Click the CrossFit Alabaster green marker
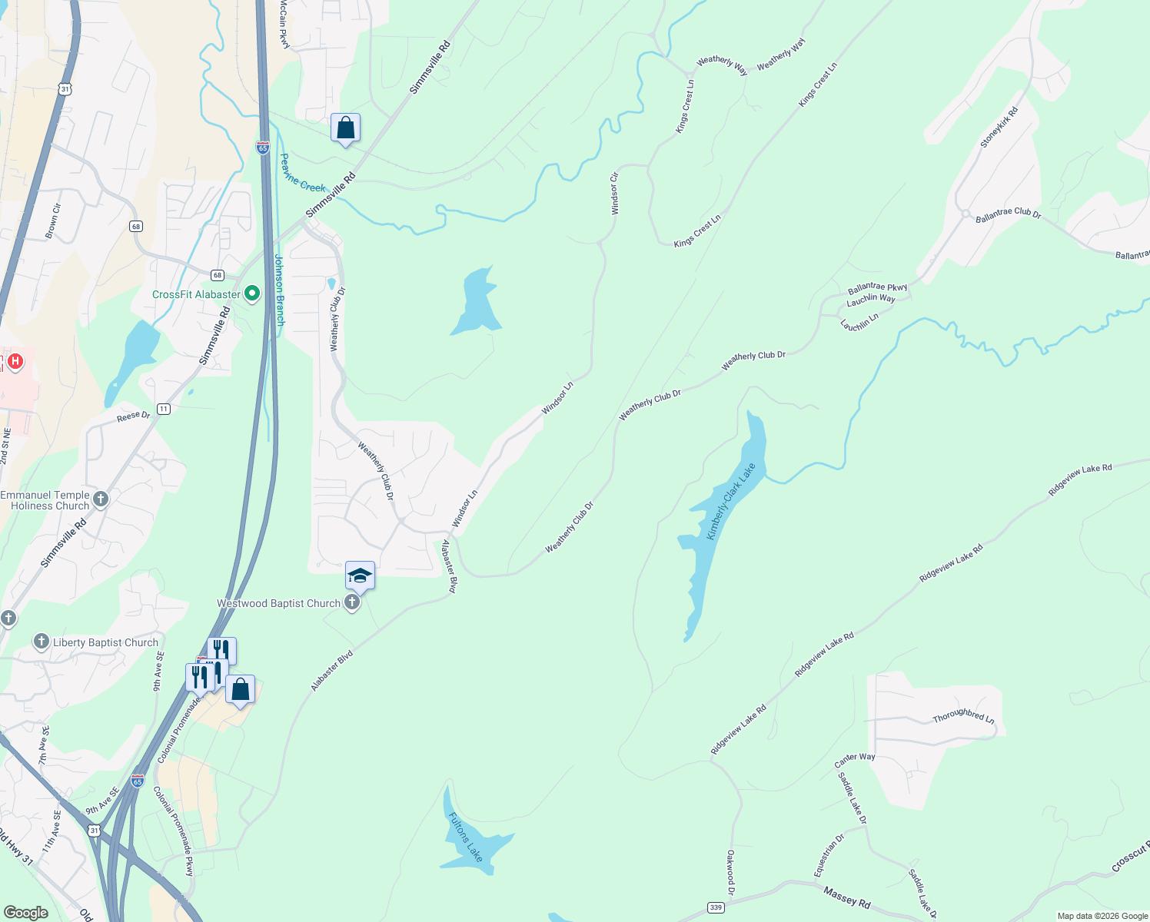tap(251, 294)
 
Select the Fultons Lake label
tap(466, 837)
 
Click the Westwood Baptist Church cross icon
tap(352, 602)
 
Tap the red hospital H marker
tap(15, 360)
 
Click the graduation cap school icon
tap(360, 575)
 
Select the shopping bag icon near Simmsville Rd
tap(345, 128)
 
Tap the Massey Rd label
tap(846, 896)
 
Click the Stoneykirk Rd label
tap(999, 127)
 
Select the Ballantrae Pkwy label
tap(877, 288)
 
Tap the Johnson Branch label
tap(280, 290)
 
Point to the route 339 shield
tap(716, 907)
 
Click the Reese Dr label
tap(134, 416)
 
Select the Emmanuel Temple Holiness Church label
tap(45, 500)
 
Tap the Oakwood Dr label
tap(730, 872)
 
